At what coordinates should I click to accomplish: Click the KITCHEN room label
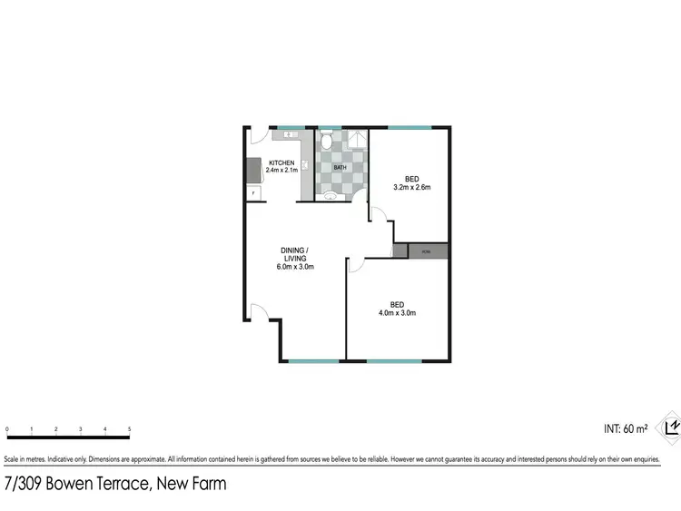point(281,162)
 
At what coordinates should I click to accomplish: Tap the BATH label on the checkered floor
point(340,168)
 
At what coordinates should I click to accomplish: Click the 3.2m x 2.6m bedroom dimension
point(410,188)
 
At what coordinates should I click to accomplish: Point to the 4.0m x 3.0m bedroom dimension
point(397,313)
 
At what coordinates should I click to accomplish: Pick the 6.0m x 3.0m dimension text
point(294,267)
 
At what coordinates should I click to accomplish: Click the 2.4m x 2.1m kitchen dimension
point(281,171)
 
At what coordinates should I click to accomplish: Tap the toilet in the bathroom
point(328,140)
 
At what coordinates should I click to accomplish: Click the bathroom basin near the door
point(331,194)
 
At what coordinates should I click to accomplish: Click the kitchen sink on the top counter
point(290,134)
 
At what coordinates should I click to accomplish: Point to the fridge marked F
point(252,193)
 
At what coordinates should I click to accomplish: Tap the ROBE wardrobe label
point(428,251)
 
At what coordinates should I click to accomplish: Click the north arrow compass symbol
point(671,426)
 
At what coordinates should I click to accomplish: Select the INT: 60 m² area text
point(626,427)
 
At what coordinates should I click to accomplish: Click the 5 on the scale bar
point(129,428)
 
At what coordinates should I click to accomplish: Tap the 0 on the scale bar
point(6,428)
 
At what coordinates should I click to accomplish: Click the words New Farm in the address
point(191,484)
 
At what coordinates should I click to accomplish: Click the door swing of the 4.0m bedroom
point(357,264)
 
